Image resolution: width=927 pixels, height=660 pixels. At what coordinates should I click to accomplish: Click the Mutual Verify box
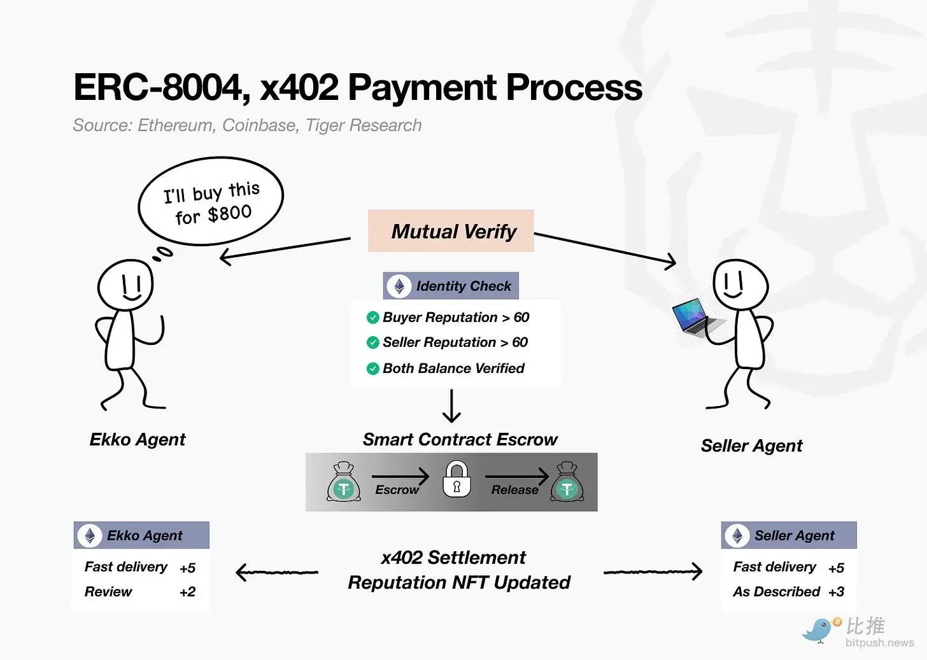(451, 231)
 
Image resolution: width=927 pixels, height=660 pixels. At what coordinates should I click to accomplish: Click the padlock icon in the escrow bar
(456, 480)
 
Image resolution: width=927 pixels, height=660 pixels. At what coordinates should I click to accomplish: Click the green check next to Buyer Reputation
(373, 318)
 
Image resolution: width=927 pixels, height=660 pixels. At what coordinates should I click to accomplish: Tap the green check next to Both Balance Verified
(373, 369)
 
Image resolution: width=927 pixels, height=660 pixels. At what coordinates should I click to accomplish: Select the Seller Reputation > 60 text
(455, 342)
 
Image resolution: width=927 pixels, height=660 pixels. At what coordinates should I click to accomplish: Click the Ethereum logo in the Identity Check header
(399, 286)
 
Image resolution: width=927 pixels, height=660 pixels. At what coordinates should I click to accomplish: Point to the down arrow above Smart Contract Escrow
(451, 406)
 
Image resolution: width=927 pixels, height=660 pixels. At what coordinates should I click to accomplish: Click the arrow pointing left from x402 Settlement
(276, 572)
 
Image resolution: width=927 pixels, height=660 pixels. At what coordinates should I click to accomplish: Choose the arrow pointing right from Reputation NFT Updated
(653, 572)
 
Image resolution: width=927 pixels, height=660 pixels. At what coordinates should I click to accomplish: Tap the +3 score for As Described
(836, 592)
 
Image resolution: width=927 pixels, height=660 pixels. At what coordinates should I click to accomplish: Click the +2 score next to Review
(187, 592)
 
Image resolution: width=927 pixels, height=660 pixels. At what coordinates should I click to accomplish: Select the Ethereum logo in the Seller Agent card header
(737, 536)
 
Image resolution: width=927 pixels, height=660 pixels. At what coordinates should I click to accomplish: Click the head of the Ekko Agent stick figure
(125, 284)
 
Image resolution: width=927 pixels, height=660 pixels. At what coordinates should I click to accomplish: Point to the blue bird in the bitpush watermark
(819, 630)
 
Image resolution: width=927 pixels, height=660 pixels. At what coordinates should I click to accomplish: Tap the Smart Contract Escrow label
(460, 440)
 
